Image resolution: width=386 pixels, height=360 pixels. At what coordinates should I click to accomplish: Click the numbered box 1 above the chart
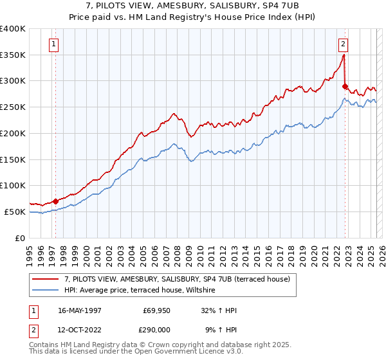point(53,44)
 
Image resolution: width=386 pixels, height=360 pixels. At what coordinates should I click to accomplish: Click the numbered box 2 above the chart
point(343,44)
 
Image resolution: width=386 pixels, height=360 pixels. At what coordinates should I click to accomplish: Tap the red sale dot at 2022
point(345,86)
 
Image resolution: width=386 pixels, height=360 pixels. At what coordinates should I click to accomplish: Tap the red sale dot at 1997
point(55,201)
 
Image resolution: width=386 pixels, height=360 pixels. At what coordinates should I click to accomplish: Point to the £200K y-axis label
point(13,133)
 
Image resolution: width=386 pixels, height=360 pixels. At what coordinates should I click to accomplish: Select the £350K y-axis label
point(13,55)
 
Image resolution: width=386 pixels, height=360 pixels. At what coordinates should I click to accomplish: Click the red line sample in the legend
point(46,280)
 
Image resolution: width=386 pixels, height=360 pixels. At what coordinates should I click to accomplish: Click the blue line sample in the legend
point(46,291)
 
